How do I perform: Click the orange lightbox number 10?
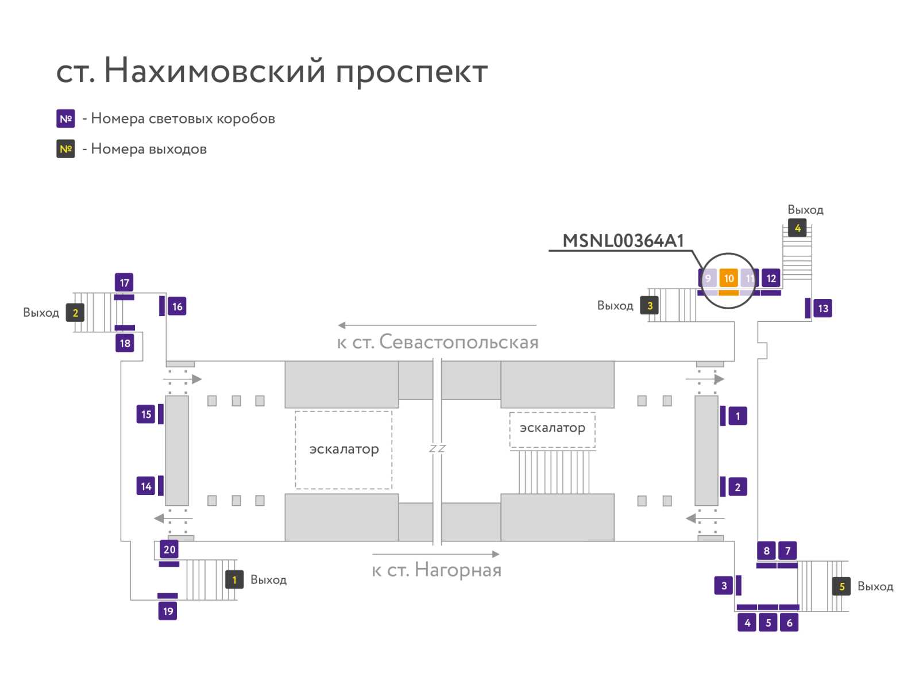[x=728, y=278]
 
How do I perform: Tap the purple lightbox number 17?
[x=124, y=283]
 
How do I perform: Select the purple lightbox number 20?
[x=169, y=549]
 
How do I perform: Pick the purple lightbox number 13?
[x=823, y=308]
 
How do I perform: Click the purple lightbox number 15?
[x=146, y=414]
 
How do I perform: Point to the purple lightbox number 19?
[x=168, y=611]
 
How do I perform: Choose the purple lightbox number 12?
[x=770, y=278]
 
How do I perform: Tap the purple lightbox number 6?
[x=789, y=623]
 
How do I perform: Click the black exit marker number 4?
[x=797, y=228]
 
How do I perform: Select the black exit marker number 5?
[x=841, y=586]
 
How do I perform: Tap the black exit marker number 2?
[x=75, y=313]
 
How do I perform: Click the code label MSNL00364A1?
[x=623, y=241]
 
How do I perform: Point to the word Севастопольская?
[x=459, y=342]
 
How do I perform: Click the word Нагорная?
[x=458, y=570]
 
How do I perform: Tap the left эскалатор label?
[x=343, y=450]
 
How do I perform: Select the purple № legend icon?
[x=65, y=118]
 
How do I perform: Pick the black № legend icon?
[x=65, y=149]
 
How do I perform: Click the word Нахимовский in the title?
[x=214, y=70]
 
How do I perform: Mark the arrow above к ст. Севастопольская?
[x=437, y=325]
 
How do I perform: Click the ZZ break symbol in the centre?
[x=437, y=448]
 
